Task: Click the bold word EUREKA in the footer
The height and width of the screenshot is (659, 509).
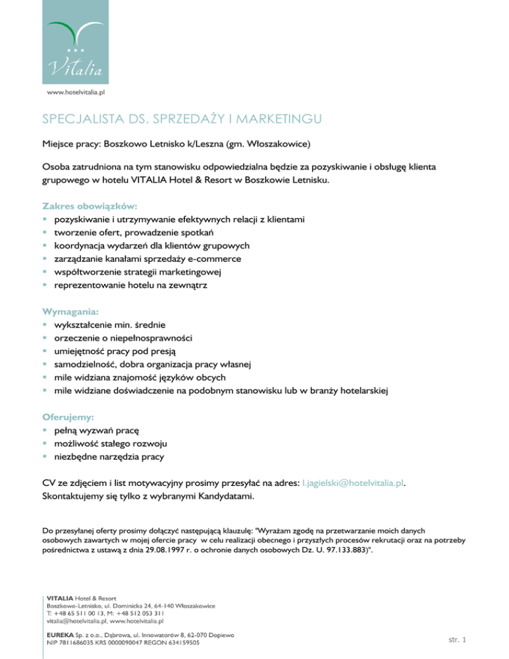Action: (60, 635)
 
